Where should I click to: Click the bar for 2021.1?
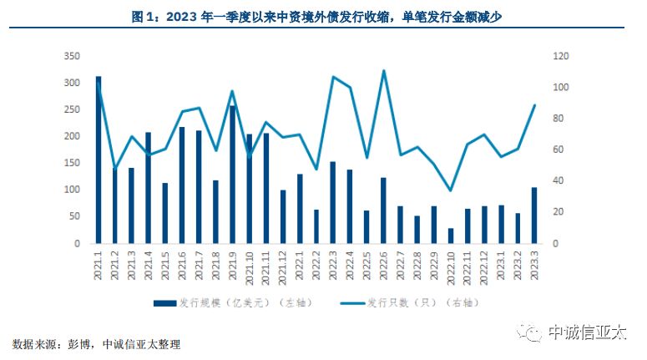[x=99, y=160]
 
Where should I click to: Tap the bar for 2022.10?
[x=451, y=236]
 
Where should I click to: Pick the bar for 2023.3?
[x=534, y=215]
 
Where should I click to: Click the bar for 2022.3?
[x=332, y=202]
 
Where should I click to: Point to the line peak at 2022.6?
[x=383, y=71]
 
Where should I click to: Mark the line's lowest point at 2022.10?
[x=451, y=190]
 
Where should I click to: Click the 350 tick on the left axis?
[x=72, y=56]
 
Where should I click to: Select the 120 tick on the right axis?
[x=560, y=56]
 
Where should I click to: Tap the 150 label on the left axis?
[x=72, y=163]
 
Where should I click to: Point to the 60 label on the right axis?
[x=558, y=150]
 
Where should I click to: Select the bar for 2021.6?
[x=182, y=185]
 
